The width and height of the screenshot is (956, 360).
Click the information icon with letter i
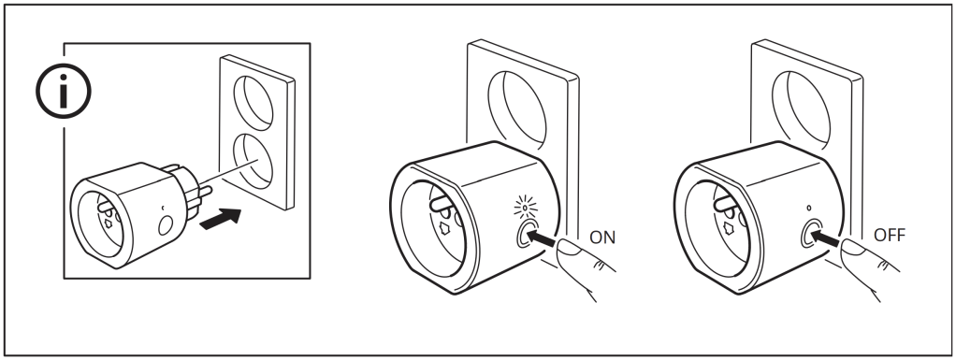(x=64, y=92)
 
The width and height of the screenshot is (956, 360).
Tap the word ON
(x=602, y=238)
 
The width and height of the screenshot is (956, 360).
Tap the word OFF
(x=890, y=235)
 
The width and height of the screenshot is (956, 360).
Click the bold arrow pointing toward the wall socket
(x=221, y=219)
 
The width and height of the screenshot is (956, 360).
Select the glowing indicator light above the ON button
(x=525, y=208)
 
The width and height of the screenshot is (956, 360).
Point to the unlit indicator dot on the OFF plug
(x=809, y=208)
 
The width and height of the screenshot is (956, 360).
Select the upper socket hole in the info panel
(x=253, y=103)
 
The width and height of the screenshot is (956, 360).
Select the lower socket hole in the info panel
(x=253, y=161)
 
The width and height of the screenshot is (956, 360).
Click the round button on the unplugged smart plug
(x=166, y=225)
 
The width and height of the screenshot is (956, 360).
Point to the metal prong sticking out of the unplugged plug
(x=204, y=192)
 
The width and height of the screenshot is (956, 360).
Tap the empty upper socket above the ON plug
(x=517, y=110)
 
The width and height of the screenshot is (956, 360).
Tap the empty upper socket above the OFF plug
(x=801, y=110)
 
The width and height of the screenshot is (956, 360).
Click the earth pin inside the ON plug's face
(x=440, y=205)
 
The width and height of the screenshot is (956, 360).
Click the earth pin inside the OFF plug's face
(x=724, y=204)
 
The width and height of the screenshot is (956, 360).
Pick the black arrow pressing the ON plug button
(x=541, y=238)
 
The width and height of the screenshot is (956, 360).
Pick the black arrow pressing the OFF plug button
(x=825, y=237)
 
